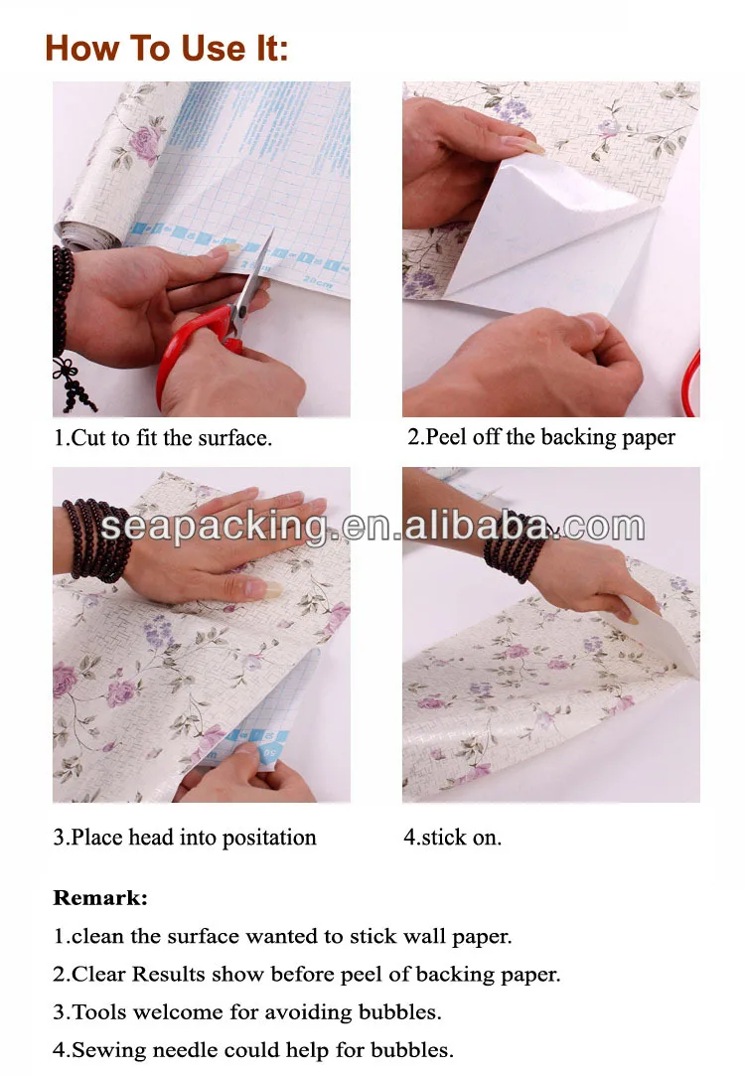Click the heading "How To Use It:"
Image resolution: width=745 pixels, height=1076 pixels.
(x=167, y=48)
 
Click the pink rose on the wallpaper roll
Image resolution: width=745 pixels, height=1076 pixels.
(x=145, y=143)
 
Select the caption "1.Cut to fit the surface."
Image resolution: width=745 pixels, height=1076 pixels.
(x=163, y=438)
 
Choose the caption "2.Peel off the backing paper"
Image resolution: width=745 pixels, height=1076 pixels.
(x=541, y=437)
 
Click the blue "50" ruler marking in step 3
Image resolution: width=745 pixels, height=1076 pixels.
(x=269, y=753)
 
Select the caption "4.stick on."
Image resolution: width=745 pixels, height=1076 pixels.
(x=453, y=838)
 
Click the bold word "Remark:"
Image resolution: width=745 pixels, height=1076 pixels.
(x=100, y=897)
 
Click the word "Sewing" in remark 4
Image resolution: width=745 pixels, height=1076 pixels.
(x=108, y=1050)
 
